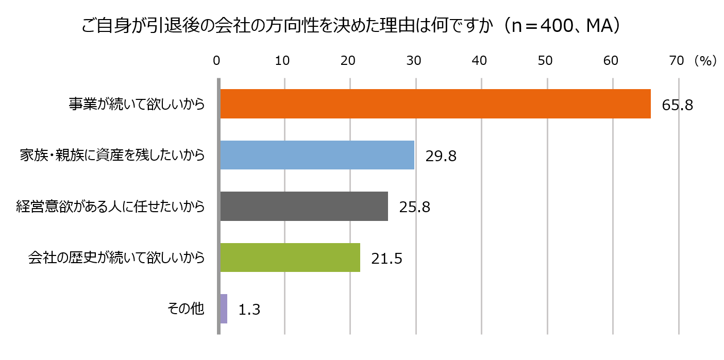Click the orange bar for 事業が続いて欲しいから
click(x=435, y=104)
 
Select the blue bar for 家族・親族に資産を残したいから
click(x=317, y=155)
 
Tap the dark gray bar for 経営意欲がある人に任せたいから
click(x=304, y=207)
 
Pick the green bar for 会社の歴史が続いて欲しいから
click(x=290, y=258)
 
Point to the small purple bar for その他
click(x=224, y=309)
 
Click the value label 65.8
click(x=678, y=105)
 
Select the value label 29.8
click(x=441, y=156)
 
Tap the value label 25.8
click(x=414, y=207)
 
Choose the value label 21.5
click(x=386, y=259)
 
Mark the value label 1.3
click(x=249, y=310)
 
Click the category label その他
click(x=186, y=309)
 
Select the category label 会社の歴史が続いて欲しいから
click(x=116, y=258)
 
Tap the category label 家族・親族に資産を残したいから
click(x=112, y=155)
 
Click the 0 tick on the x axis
click(x=217, y=61)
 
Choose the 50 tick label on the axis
click(x=545, y=61)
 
